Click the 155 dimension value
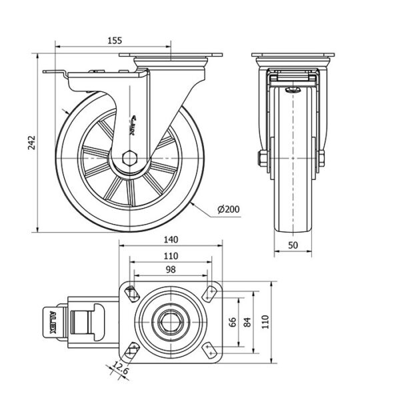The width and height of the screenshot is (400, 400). tap(115, 40)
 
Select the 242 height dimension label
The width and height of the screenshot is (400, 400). tap(31, 143)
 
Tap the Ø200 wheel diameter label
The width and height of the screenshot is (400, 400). tap(228, 209)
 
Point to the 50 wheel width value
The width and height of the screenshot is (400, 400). tap(293, 245)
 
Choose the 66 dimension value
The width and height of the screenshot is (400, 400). tap(233, 322)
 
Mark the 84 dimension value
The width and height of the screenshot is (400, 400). tap(247, 322)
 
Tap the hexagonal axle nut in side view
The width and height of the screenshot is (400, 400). tap(131, 160)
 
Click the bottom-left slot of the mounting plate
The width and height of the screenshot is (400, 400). tap(131, 351)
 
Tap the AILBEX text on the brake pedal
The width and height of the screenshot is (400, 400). tap(52, 321)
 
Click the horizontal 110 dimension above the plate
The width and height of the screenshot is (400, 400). tap(170, 256)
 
